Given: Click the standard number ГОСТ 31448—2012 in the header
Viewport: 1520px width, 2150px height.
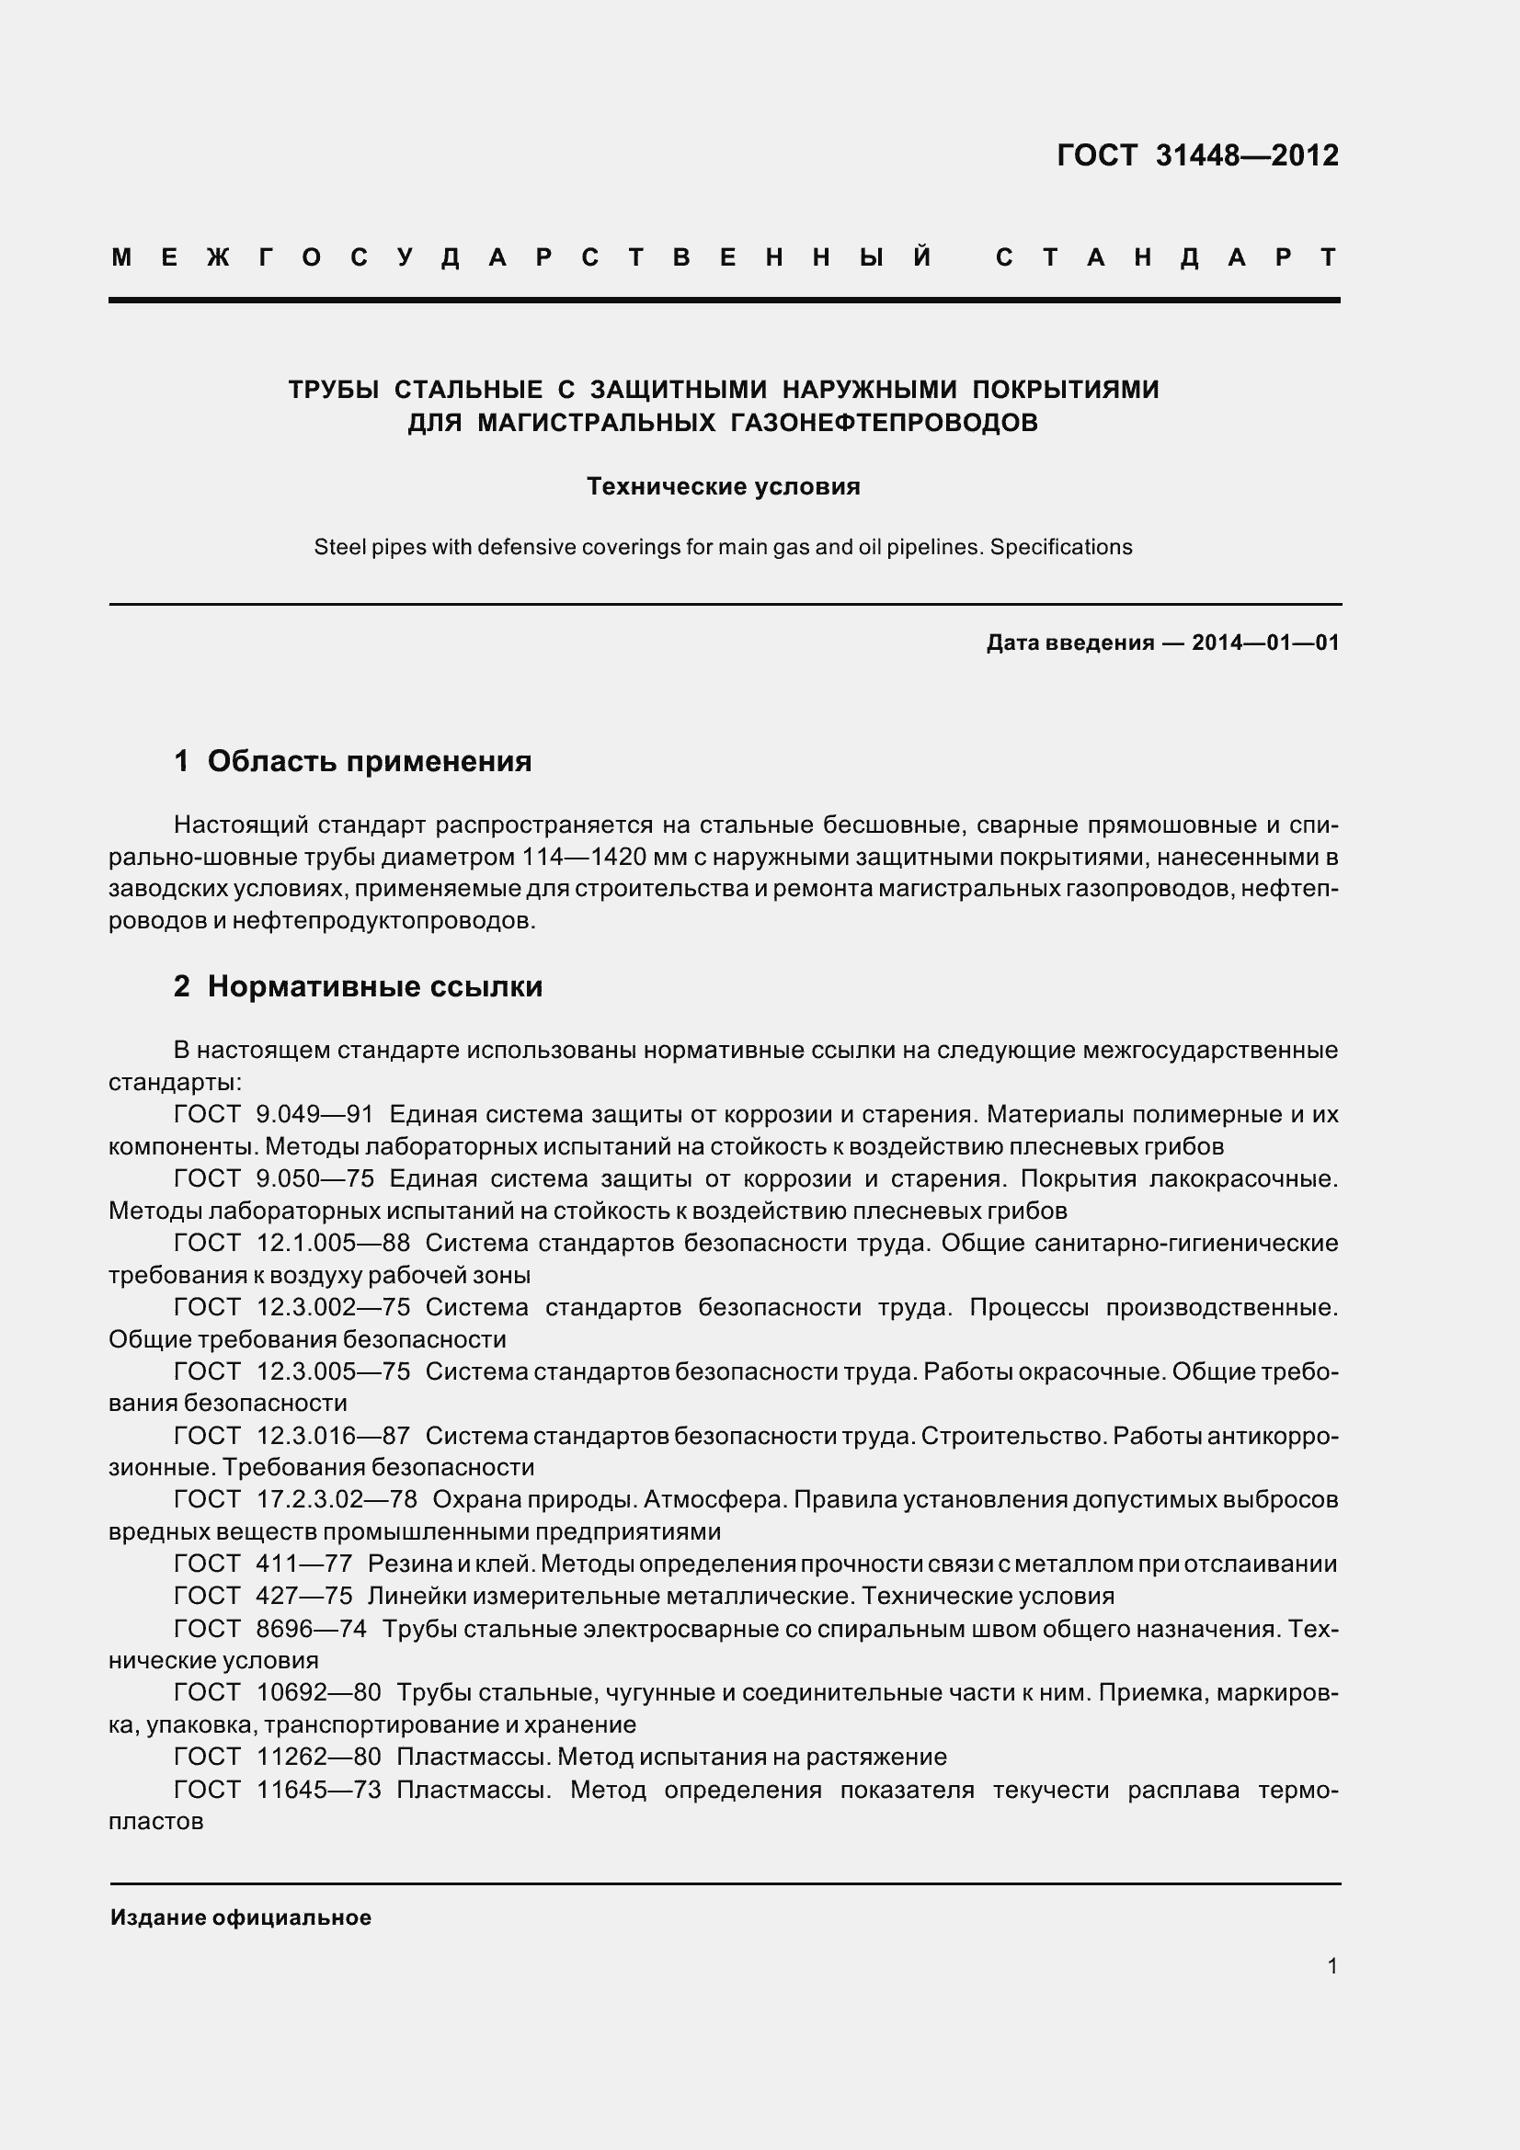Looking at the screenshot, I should click(1198, 155).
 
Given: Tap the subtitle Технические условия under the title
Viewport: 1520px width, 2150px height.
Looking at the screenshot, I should click(723, 486).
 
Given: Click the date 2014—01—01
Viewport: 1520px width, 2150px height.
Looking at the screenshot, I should click(1265, 643).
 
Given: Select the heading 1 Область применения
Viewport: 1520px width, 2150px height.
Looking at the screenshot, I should click(352, 761).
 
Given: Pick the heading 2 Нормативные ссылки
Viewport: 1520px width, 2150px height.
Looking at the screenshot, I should click(358, 986).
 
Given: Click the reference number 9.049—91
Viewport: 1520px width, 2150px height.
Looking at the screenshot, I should click(314, 1114).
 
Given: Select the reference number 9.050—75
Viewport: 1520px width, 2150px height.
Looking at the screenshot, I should click(314, 1178).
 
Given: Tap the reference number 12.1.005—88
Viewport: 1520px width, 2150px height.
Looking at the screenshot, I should click(333, 1243).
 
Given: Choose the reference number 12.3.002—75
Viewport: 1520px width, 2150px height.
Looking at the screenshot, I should click(333, 1306).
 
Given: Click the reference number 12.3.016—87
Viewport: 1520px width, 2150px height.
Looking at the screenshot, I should click(333, 1435).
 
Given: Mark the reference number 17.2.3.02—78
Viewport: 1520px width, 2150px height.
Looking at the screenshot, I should click(337, 1499).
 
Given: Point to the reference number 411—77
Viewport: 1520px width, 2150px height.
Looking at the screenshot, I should click(303, 1564).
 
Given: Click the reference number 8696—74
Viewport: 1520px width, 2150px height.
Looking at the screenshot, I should click(311, 1629).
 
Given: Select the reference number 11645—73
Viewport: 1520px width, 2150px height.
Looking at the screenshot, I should click(318, 1790).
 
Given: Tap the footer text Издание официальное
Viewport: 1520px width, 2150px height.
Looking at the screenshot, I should click(241, 1917).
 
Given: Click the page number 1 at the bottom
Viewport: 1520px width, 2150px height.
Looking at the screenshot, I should click(1332, 1965).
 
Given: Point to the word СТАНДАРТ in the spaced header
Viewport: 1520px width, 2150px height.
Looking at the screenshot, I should click(1166, 257).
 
